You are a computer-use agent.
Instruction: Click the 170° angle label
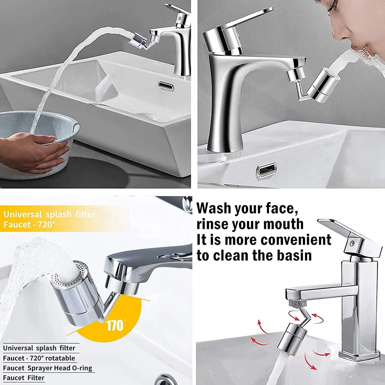(x=115, y=326)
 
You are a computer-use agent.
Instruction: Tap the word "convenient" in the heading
(x=296, y=240)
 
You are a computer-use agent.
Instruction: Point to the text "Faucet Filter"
(x=24, y=378)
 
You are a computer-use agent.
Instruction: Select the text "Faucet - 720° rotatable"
(x=39, y=358)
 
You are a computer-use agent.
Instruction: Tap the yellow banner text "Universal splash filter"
(x=49, y=214)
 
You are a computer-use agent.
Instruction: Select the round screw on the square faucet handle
(x=352, y=243)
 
